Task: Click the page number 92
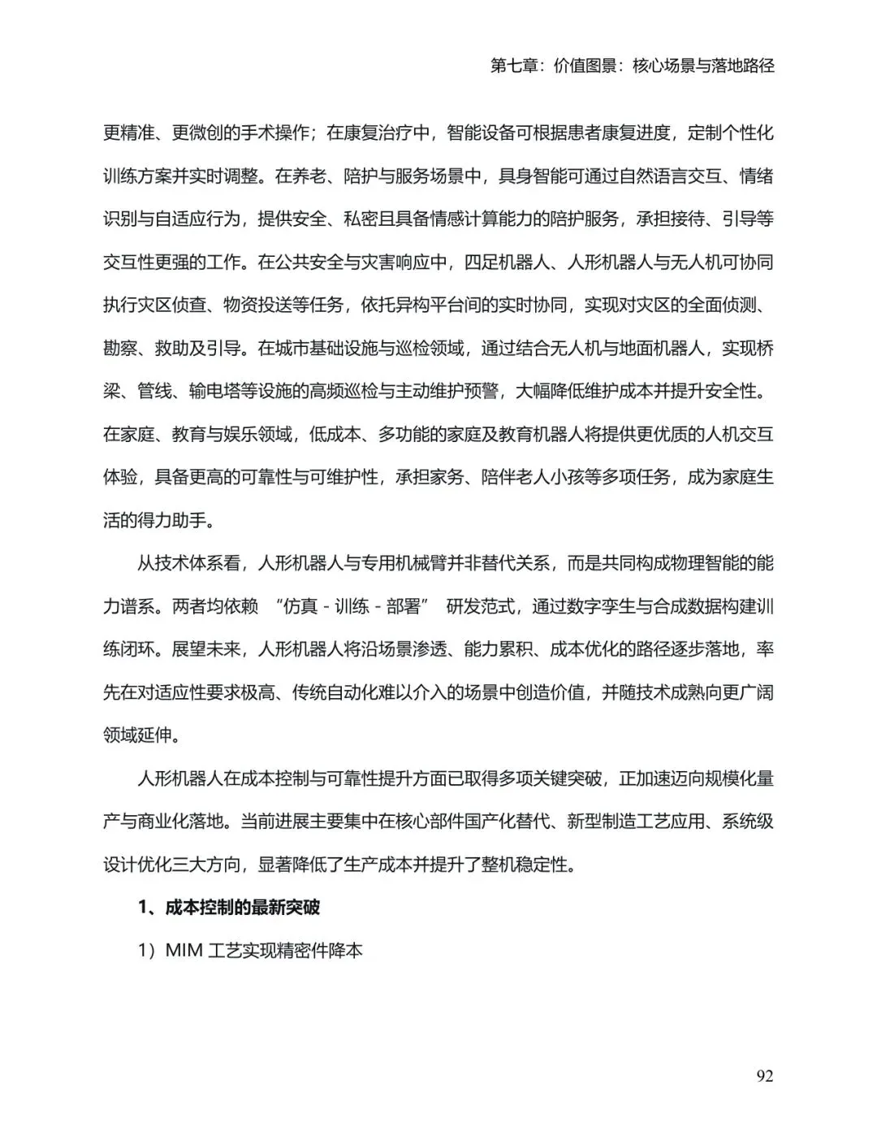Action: click(764, 1076)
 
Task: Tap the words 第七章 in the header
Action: click(515, 66)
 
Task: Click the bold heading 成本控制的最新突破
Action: click(242, 907)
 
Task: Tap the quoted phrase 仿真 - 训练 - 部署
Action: click(352, 606)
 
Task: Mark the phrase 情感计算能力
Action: click(476, 219)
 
